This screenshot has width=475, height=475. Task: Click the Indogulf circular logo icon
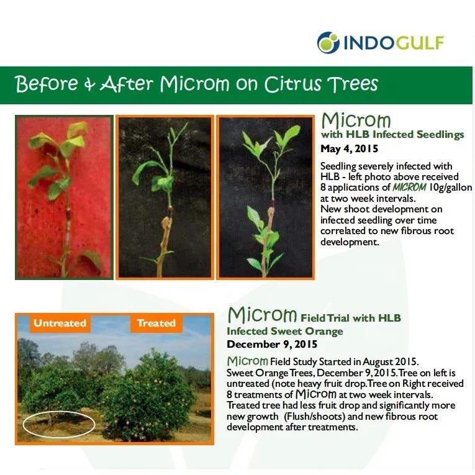pos(328,43)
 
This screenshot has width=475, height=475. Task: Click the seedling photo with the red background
pos(64,197)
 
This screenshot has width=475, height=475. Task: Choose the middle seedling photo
pos(165,197)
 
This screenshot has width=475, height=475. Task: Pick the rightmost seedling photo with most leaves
pos(265,197)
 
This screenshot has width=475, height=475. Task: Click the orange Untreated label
pos(60,323)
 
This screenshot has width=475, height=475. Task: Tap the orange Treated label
pos(156,323)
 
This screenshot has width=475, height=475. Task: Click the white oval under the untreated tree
pos(59,425)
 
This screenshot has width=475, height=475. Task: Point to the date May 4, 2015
pos(350,149)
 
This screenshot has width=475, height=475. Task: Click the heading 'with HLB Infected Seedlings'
pos(392,135)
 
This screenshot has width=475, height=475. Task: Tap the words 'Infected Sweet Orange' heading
pos(285,331)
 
